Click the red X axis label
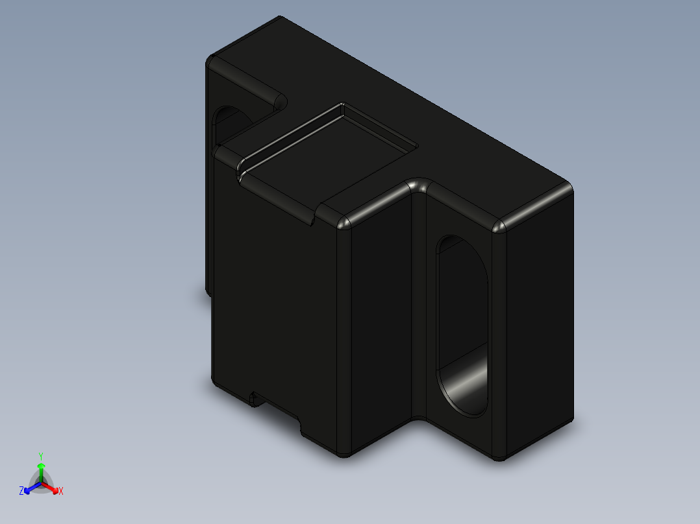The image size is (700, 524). pyautogui.click(x=60, y=492)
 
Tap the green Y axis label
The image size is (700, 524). pyautogui.click(x=41, y=456)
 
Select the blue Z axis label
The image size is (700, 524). pyautogui.click(x=22, y=491)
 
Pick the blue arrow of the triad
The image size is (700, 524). pyautogui.click(x=30, y=488)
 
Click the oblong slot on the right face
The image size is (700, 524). pyautogui.click(x=462, y=324)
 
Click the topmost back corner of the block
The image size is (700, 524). pyautogui.click(x=279, y=19)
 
